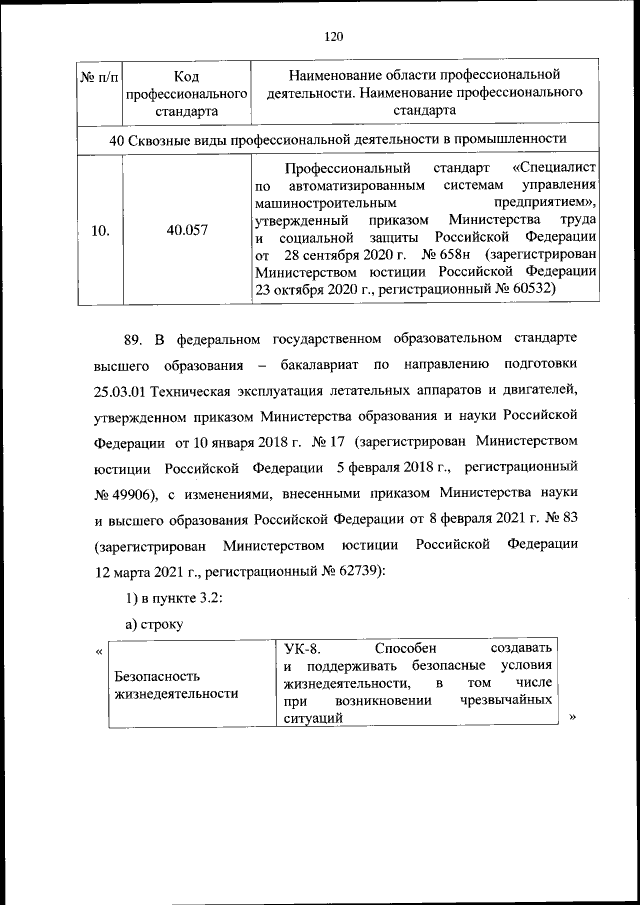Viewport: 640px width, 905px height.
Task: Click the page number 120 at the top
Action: click(334, 37)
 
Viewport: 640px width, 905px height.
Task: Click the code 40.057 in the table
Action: click(187, 229)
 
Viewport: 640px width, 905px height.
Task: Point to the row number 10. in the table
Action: click(100, 229)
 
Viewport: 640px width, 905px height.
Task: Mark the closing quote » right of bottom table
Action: click(572, 716)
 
